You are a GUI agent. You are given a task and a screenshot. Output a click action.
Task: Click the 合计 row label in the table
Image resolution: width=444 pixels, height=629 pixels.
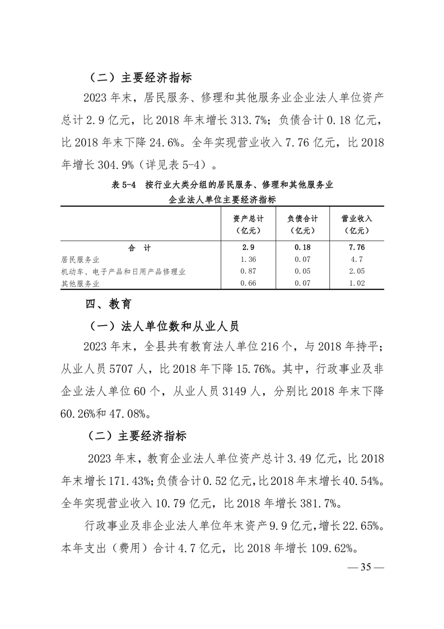[x=139, y=247]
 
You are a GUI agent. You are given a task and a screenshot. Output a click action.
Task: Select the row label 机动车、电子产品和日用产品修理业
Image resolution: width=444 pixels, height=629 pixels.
[x=123, y=272]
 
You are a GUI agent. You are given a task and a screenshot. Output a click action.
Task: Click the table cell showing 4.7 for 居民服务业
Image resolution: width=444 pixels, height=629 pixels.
[x=357, y=260]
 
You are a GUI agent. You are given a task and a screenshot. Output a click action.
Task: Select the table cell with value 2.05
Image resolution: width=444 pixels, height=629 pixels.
[x=357, y=272]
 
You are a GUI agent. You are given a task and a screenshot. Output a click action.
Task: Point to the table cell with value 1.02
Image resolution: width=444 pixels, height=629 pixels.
[x=357, y=284]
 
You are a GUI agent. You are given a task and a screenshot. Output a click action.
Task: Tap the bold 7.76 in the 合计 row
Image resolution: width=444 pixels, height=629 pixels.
[x=357, y=247]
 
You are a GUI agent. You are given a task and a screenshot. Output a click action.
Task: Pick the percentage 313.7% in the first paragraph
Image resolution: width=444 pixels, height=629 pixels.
[x=253, y=119]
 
